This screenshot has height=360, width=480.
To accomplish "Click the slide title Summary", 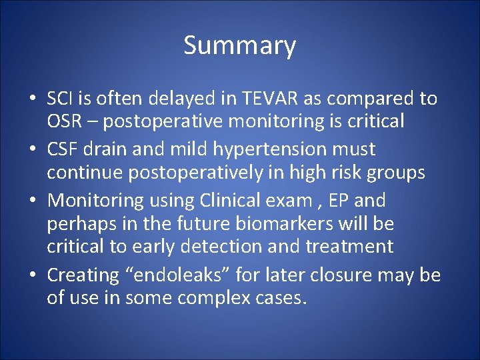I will coord(239,46).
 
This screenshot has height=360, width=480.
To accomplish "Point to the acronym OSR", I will coord(65,121).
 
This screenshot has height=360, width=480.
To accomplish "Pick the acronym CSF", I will coord(63,149).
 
